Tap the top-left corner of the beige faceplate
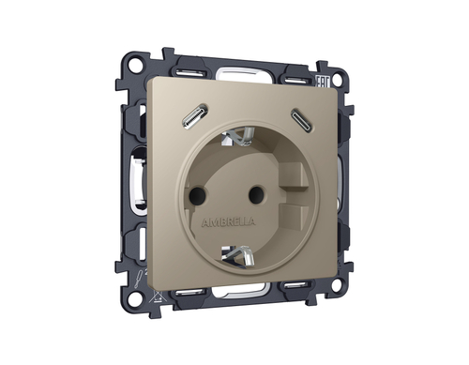click(x=151, y=85)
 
